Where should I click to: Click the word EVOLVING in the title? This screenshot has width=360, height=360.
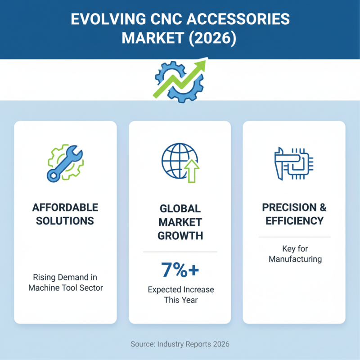(108, 19)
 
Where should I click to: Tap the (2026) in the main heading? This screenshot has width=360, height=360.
(212, 38)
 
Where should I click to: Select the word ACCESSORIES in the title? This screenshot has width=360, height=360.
(238, 19)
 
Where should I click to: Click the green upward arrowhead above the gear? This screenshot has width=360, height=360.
(199, 64)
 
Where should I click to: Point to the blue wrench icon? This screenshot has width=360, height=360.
(64, 163)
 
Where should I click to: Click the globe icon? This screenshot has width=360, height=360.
(177, 161)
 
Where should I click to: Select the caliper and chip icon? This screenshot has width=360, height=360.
(294, 163)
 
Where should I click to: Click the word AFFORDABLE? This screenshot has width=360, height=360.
(65, 207)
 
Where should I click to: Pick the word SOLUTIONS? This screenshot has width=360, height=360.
(65, 221)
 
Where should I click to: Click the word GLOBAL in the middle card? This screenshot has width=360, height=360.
(180, 209)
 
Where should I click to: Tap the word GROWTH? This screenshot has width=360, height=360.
(180, 236)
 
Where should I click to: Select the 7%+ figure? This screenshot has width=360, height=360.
(180, 270)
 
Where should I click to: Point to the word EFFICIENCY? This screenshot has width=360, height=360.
(295, 221)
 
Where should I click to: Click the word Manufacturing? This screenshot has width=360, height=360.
(295, 259)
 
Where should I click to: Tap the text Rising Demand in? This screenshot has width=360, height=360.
(65, 277)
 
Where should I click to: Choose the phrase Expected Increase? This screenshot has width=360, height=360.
(181, 290)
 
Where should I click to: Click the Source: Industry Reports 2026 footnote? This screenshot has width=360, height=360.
(180, 344)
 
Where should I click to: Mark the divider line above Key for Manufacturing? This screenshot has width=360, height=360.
(295, 237)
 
